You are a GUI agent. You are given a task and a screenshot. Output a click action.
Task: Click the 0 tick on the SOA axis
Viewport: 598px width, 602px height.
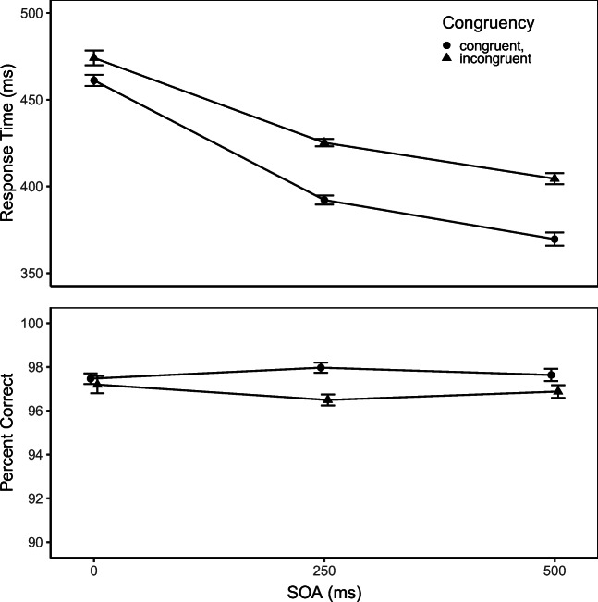[x=94, y=571]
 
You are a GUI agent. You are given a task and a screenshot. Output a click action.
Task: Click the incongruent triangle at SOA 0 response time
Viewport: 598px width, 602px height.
[x=94, y=57]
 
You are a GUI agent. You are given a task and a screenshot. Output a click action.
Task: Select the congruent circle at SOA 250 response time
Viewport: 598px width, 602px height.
[x=324, y=200]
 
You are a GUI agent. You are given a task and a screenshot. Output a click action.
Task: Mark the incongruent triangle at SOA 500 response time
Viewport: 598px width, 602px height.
[x=555, y=178]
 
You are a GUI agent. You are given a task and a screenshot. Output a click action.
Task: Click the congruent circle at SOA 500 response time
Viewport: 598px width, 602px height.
[x=555, y=240]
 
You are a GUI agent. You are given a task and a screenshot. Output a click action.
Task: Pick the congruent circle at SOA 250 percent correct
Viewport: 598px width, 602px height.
[x=321, y=367]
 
